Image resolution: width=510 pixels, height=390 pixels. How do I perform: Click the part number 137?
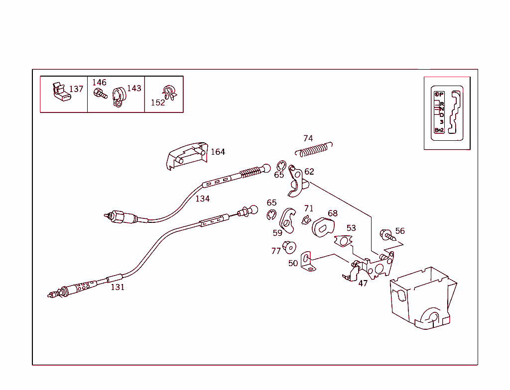[x=76, y=89]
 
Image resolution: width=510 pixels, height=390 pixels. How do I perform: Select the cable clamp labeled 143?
[x=118, y=97]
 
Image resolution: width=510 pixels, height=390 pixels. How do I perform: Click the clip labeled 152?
[x=169, y=93]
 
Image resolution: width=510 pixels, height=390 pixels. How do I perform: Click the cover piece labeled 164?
[x=186, y=155]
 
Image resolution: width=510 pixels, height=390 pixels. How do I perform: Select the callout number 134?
[x=202, y=198]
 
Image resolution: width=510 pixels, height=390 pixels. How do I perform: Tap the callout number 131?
[x=118, y=287]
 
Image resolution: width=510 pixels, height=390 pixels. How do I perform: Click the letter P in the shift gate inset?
[x=441, y=94]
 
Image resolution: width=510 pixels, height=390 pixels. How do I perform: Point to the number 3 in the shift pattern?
[x=441, y=122]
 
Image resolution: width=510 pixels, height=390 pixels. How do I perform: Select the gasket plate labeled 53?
[x=343, y=241]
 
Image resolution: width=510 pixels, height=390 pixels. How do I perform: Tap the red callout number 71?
[x=309, y=208]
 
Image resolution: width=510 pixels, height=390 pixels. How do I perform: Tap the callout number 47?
[x=363, y=283]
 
